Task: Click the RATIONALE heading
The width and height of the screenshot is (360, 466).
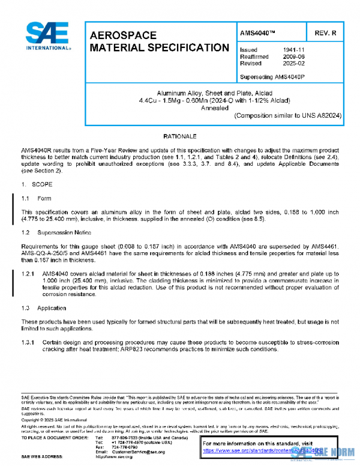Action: click(180, 137)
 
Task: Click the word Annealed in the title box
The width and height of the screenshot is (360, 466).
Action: click(215, 108)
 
